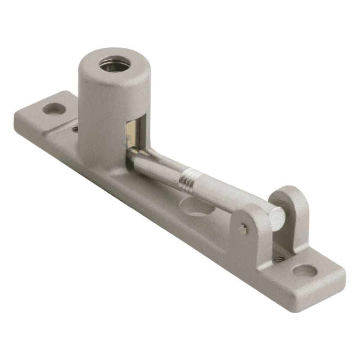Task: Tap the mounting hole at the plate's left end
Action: (54, 108)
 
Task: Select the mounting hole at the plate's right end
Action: (305, 270)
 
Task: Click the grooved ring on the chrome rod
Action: (186, 180)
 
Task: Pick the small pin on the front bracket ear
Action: (243, 229)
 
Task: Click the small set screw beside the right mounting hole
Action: (279, 259)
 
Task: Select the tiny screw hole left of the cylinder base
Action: (75, 129)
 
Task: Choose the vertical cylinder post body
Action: (101, 117)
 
